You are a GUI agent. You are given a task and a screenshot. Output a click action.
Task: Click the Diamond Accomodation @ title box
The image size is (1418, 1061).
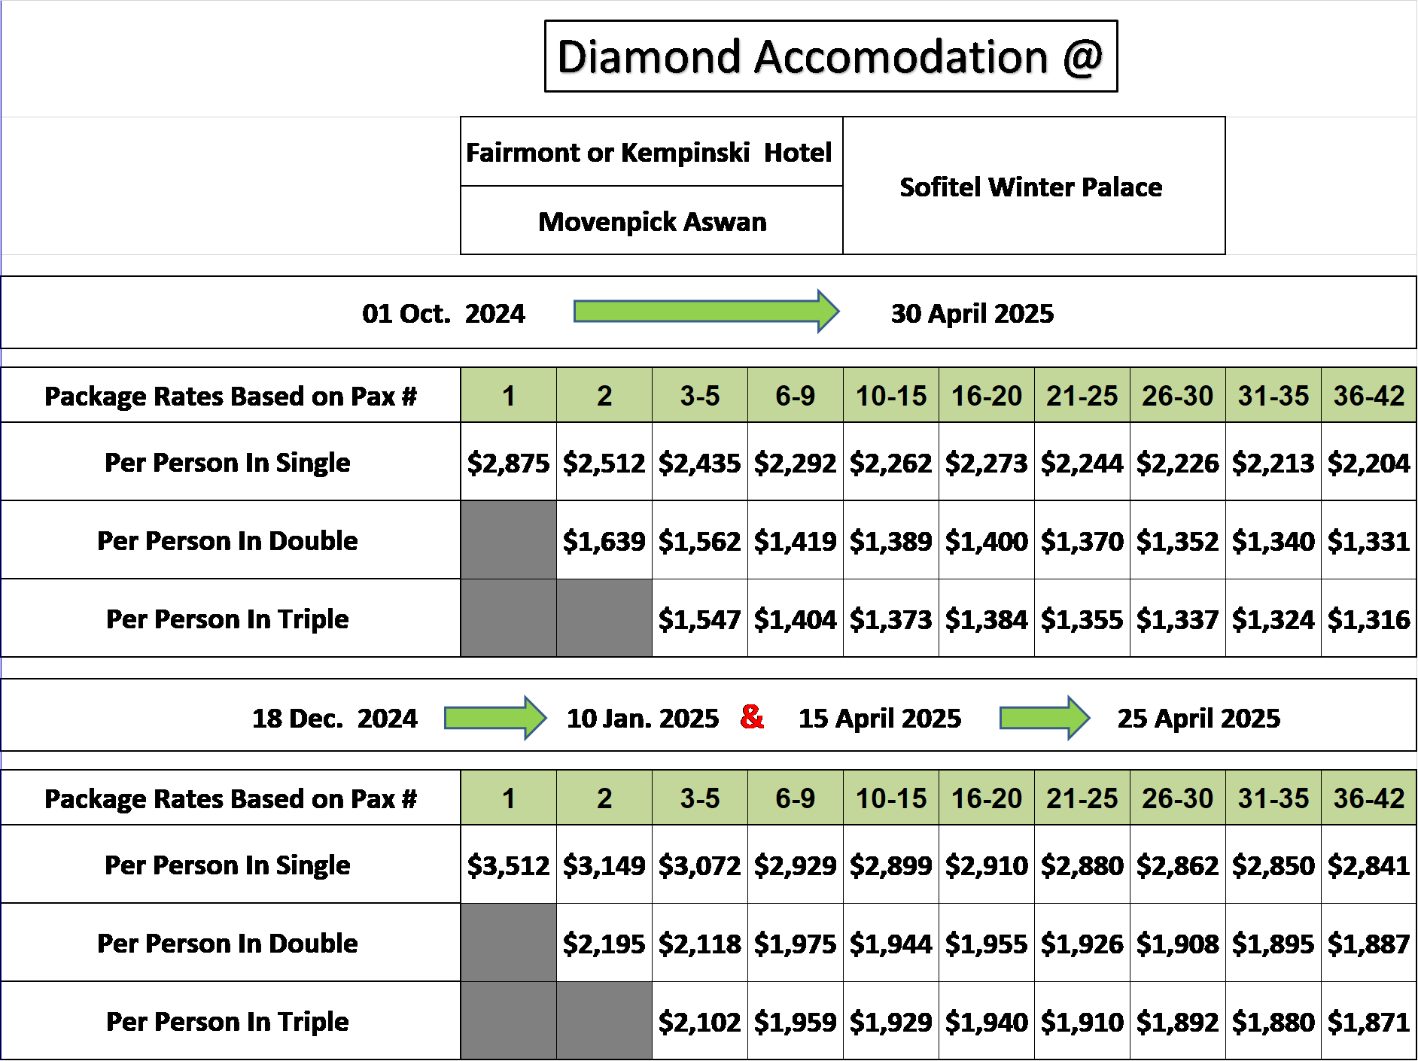point(831,56)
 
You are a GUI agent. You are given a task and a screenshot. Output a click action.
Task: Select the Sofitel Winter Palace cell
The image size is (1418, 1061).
point(1034,186)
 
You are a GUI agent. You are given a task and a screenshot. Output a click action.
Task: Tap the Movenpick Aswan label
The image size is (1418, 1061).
point(653,222)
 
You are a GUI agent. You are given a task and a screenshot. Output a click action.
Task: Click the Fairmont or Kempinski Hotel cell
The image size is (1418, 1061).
point(652,152)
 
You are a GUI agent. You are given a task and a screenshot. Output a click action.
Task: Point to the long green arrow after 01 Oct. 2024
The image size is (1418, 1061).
point(706,311)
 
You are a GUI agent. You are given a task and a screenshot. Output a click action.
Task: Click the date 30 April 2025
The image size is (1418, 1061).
point(972,314)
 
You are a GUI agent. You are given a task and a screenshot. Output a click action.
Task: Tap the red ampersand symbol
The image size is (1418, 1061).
point(752,716)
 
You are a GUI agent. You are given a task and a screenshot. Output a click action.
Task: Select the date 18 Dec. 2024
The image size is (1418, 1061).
point(335,719)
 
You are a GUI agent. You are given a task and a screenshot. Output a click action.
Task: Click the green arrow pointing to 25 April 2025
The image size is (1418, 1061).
point(1045,718)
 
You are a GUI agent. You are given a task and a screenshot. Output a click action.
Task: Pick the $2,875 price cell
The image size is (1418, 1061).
point(509,462)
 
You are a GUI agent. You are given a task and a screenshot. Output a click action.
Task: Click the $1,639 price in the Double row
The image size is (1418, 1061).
point(604,540)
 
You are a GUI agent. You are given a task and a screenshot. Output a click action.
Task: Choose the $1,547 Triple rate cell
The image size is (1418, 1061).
point(700,619)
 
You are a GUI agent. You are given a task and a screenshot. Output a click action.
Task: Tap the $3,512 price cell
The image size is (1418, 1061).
point(509,865)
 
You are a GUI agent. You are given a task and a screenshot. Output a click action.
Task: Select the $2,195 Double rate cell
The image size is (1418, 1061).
point(604,943)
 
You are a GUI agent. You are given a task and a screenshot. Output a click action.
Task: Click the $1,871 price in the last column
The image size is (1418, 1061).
point(1369,1021)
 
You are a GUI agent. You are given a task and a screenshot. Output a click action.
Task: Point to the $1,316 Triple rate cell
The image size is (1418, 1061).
point(1369,619)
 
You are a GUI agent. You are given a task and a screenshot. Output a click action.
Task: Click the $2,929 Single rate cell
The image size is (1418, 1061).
point(796,865)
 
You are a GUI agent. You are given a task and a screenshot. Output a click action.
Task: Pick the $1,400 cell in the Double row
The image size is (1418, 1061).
point(987,540)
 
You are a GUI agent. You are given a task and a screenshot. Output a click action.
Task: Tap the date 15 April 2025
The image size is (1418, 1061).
point(880,719)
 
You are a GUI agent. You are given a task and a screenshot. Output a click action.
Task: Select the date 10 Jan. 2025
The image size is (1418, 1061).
point(643,719)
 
